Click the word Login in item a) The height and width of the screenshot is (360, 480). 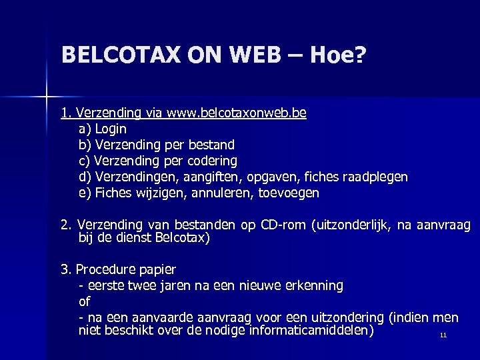111,129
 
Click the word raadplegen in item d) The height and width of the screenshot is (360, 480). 375,177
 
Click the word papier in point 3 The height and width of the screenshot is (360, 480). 157,270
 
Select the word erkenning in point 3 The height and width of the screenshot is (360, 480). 313,286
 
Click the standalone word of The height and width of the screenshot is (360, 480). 85,302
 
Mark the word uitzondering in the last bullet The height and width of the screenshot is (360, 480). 347,318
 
